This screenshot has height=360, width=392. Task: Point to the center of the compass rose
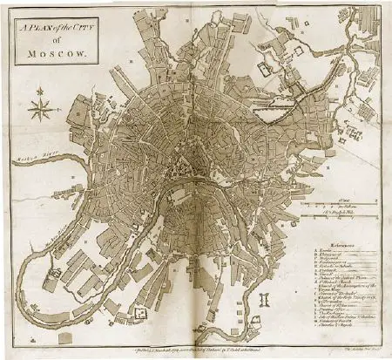pyautogui.click(x=40, y=109)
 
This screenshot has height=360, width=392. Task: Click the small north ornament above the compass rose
pyautogui.click(x=40, y=93)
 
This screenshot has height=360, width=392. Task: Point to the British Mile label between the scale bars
pyautogui.click(x=344, y=214)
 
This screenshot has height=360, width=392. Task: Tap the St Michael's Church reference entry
pyautogui.click(x=340, y=282)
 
